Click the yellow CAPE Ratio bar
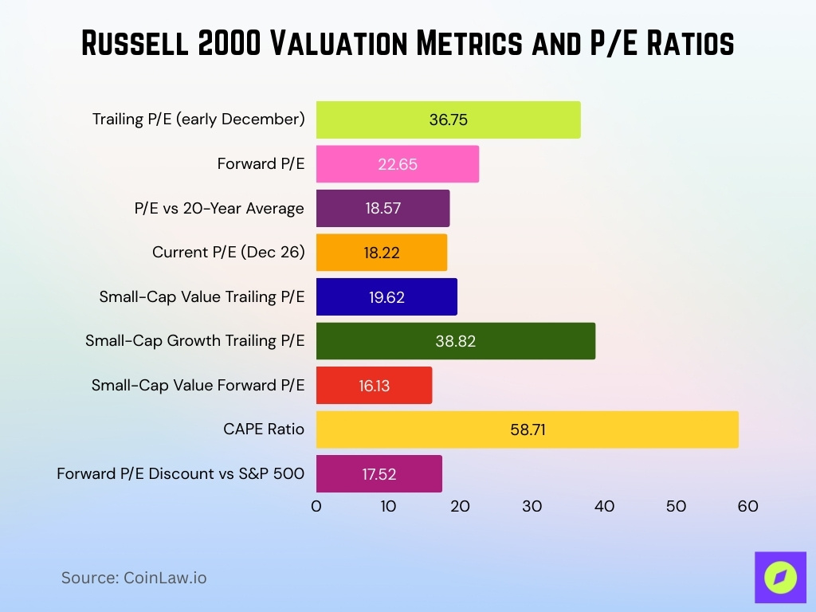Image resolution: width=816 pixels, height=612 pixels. (x=527, y=430)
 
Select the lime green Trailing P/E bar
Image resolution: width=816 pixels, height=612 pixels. (x=448, y=120)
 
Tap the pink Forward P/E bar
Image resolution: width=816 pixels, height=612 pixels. (x=397, y=164)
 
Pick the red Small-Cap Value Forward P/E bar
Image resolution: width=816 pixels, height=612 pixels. (x=374, y=386)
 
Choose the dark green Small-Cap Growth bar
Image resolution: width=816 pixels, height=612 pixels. (x=455, y=341)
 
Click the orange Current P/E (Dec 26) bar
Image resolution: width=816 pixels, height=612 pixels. (x=381, y=253)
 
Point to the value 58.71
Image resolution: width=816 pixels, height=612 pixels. (x=527, y=430)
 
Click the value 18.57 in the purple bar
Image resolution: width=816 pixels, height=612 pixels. (x=382, y=209)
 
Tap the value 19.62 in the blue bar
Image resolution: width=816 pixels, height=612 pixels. (x=386, y=297)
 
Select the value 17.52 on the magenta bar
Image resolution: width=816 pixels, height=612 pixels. (x=379, y=474)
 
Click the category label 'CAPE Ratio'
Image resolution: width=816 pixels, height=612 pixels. (x=264, y=430)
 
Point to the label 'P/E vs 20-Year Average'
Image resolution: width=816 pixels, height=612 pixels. (x=219, y=209)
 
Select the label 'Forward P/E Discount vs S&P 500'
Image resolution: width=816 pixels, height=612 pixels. (x=181, y=474)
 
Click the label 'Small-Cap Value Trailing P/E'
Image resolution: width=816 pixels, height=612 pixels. (x=202, y=297)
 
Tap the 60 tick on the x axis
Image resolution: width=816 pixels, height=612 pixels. (x=747, y=506)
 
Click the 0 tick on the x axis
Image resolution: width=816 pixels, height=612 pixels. (x=316, y=506)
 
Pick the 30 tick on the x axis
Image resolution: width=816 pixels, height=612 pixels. (x=532, y=506)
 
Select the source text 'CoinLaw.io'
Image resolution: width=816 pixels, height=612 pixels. (x=164, y=578)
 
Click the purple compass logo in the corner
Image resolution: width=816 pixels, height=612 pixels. (x=779, y=577)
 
